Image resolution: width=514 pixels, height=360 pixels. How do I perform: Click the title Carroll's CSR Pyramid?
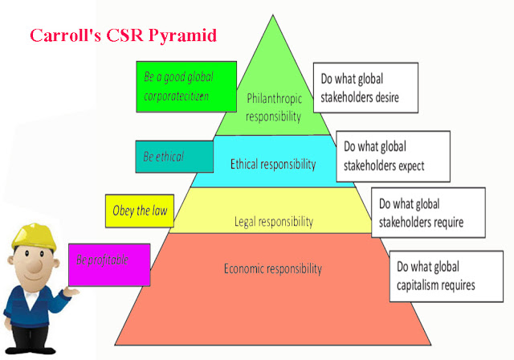pyautogui.click(x=123, y=35)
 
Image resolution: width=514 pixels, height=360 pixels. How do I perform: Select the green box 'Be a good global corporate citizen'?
pyautogui.click(x=186, y=87)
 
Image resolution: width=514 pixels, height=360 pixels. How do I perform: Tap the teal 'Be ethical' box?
pyautogui.click(x=174, y=157)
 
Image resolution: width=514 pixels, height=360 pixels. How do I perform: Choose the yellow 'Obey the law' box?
pyautogui.click(x=140, y=211)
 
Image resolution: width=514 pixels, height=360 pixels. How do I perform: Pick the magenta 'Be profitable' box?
pyautogui.click(x=109, y=264)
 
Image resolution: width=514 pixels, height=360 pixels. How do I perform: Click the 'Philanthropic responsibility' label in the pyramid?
pyautogui.click(x=274, y=107)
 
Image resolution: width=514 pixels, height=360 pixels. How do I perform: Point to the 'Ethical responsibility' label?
pyautogui.click(x=273, y=164)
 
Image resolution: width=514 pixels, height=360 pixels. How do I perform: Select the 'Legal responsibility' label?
pyautogui.click(x=274, y=222)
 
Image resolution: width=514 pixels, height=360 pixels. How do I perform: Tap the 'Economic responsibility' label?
pyautogui.click(x=273, y=269)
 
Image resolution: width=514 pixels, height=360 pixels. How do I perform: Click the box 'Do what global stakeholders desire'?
pyautogui.click(x=365, y=88)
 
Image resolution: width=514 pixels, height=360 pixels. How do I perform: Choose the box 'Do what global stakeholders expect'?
pyautogui.click(x=393, y=157)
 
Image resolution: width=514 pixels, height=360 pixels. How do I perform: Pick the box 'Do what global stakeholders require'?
pyautogui.click(x=428, y=212)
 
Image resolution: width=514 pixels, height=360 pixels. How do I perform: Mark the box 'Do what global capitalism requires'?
pyautogui.click(x=447, y=276)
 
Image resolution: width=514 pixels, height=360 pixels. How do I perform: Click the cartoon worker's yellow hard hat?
pyautogui.click(x=33, y=237)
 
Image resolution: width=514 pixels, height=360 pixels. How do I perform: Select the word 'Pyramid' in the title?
pyautogui.click(x=182, y=35)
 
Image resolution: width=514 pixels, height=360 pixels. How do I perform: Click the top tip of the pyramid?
pyautogui.click(x=273, y=15)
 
